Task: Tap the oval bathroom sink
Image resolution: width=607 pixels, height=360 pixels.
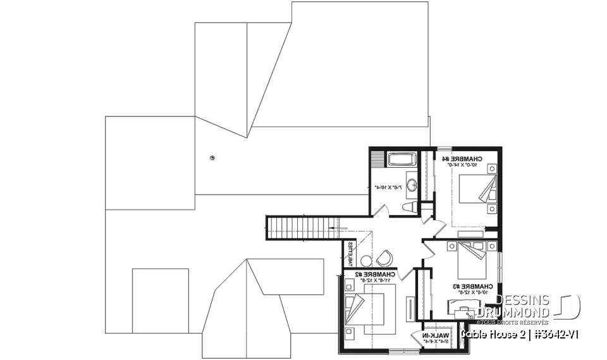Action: [412, 185]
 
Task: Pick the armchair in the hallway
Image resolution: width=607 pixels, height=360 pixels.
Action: [384, 258]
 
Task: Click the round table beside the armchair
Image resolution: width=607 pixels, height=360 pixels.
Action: [366, 260]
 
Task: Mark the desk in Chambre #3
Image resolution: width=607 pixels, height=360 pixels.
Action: [467, 310]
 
